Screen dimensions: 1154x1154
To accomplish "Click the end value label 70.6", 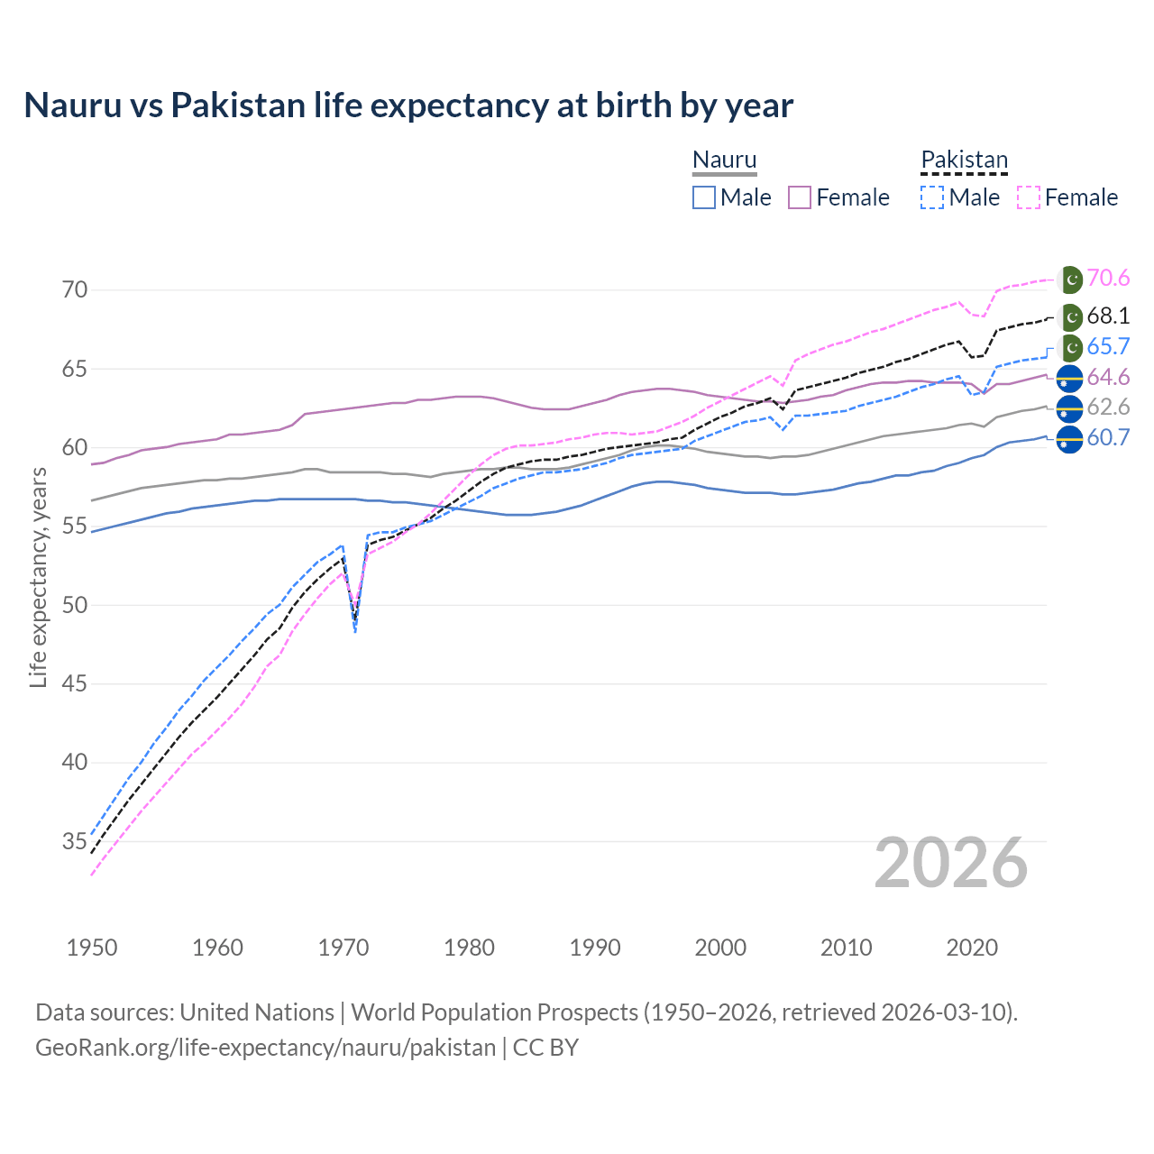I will (x=1108, y=279).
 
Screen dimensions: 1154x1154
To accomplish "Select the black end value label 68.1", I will (x=1108, y=316).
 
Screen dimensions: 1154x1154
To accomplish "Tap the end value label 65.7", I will (x=1108, y=347).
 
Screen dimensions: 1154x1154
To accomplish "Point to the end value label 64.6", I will (x=1108, y=378).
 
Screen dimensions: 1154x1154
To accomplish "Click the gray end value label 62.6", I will (x=1108, y=408).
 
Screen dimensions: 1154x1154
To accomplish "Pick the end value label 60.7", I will (x=1108, y=438).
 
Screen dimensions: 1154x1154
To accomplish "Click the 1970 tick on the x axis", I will (x=343, y=948).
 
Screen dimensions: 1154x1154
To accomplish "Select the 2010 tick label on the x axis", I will (x=846, y=948).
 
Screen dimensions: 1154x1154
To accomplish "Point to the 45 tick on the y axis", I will (x=75, y=683).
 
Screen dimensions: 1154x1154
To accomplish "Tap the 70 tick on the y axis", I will (x=75, y=290).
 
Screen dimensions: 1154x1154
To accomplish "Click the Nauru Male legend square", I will (x=704, y=197).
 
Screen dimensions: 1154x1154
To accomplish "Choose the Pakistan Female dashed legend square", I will (x=1029, y=197).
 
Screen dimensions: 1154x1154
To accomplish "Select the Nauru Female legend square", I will (x=800, y=197).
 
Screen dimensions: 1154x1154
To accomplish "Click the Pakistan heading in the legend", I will (x=964, y=160).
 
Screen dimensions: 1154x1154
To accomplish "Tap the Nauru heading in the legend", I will (x=724, y=160).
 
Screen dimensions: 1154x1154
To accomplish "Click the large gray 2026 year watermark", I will (x=951, y=864).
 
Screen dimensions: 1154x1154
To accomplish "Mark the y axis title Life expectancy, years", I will (x=38, y=577).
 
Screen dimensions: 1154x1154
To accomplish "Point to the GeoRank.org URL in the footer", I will (x=266, y=1048).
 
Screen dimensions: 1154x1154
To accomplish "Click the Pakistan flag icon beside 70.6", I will (x=1070, y=279).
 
